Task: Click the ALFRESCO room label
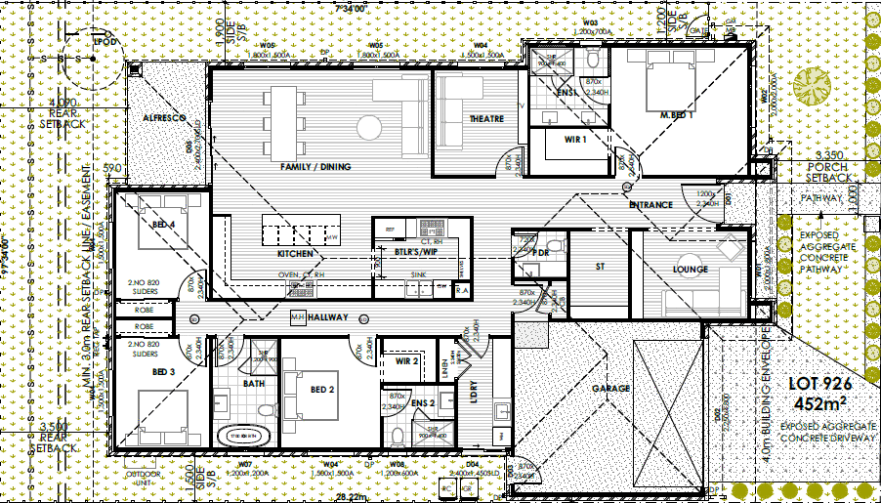164,117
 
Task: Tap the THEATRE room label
486,119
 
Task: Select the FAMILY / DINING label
315,167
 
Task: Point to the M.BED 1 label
676,115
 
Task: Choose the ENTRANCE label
650,205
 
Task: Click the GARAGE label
610,388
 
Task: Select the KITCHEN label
296,254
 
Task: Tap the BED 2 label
323,390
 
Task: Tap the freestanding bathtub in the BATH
247,434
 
